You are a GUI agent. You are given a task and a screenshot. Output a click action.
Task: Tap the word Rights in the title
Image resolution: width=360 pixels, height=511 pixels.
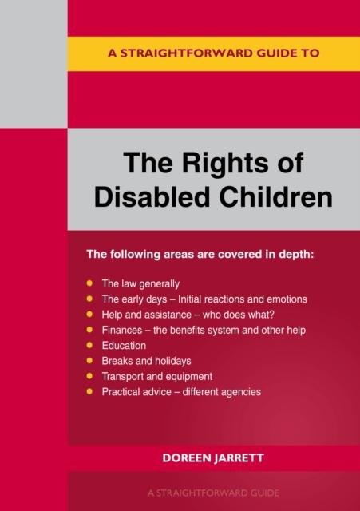click(x=223, y=164)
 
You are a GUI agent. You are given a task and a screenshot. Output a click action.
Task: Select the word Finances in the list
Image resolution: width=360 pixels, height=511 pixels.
click(x=122, y=330)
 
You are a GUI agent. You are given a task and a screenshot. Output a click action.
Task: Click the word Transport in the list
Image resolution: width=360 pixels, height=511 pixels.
click(x=124, y=376)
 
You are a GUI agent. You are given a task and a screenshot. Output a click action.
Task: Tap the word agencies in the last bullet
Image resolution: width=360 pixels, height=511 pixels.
click(x=241, y=392)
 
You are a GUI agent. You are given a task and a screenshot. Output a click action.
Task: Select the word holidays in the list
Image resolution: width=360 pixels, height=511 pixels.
click(x=172, y=361)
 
